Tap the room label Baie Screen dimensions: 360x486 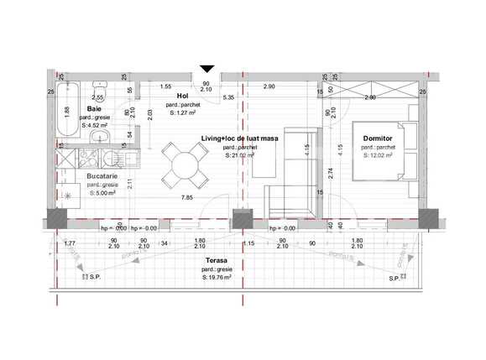coord(97,108)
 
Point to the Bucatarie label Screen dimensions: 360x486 coord(103,177)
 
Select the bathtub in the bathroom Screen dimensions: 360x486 coord(68,110)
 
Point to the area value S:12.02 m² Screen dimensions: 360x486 coord(378,155)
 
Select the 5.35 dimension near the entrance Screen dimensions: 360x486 coord(227,98)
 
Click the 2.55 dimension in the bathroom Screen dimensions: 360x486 coord(97,97)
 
